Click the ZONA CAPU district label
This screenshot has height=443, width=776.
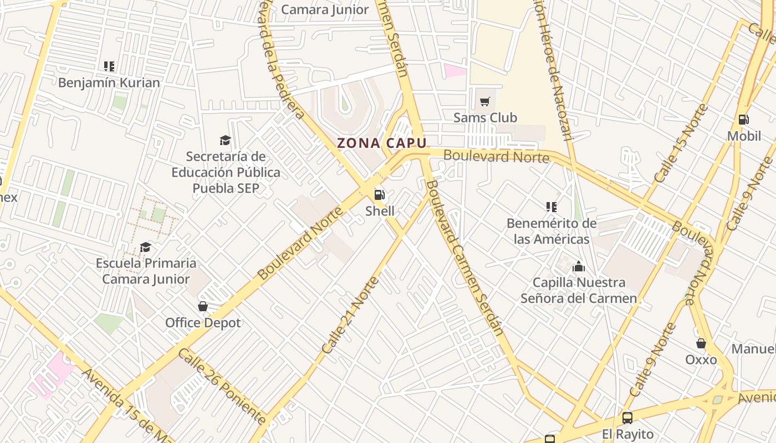pyautogui.click(x=382, y=143)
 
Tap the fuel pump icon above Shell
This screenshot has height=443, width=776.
pyautogui.click(x=380, y=194)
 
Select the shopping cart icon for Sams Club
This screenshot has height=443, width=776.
pyautogui.click(x=485, y=101)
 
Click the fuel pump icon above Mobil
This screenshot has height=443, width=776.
pyautogui.click(x=743, y=119)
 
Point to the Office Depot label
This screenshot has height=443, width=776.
pyautogui.click(x=203, y=323)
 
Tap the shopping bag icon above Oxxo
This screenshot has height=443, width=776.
pyautogui.click(x=701, y=343)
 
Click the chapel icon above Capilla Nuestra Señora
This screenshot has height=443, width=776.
pyautogui.click(x=579, y=266)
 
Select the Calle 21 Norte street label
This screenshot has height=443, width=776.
pyautogui.click(x=350, y=315)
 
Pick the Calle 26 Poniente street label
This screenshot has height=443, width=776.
pyautogui.click(x=222, y=387)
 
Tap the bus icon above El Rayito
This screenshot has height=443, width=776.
pyautogui.click(x=627, y=418)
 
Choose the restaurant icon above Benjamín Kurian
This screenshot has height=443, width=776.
pyautogui.click(x=109, y=66)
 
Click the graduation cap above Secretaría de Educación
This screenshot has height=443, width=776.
pyautogui.click(x=225, y=140)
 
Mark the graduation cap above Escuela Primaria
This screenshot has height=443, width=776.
pyautogui.click(x=145, y=246)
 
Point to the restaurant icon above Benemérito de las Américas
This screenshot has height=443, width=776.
pyautogui.click(x=551, y=207)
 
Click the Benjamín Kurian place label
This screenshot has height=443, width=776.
pyautogui.click(x=109, y=83)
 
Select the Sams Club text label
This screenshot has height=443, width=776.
pyautogui.click(x=485, y=117)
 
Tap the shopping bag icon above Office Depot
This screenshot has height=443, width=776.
pyautogui.click(x=203, y=306)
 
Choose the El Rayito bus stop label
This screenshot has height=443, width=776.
pyautogui.click(x=627, y=434)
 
